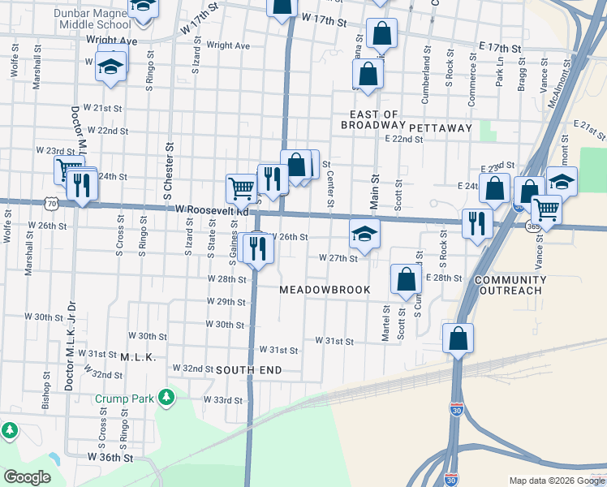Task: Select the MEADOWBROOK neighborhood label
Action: pyautogui.click(x=325, y=290)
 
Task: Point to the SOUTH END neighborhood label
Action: pyautogui.click(x=249, y=370)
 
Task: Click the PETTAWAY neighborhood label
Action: pyautogui.click(x=441, y=128)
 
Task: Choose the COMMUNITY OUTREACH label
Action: pyautogui.click(x=510, y=286)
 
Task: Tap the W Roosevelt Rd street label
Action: pyautogui.click(x=211, y=210)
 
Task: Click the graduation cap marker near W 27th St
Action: pyautogui.click(x=365, y=235)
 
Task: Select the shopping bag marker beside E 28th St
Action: pyautogui.click(x=406, y=278)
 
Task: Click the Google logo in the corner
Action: pyautogui.click(x=27, y=477)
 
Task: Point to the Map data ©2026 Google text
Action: pyautogui.click(x=556, y=481)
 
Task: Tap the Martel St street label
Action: pyautogui.click(x=386, y=322)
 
